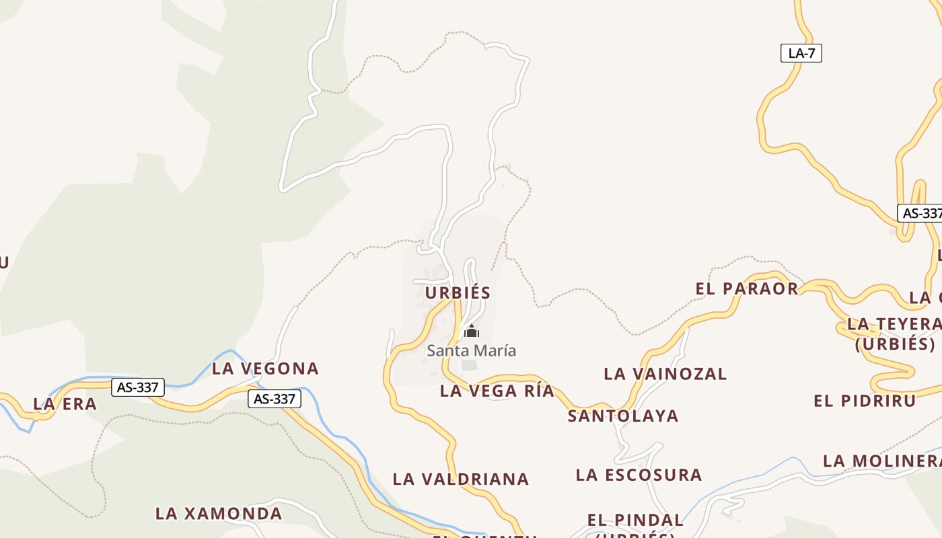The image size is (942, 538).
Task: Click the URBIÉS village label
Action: (458, 293)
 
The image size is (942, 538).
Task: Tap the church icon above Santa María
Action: (472, 331)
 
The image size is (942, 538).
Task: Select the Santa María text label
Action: (472, 350)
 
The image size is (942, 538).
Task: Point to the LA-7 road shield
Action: (801, 53)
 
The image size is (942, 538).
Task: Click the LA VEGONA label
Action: (265, 369)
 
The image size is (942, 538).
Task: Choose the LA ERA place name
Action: (65, 404)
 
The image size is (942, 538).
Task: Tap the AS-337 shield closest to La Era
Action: (137, 387)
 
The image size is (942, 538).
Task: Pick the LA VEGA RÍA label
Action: (497, 391)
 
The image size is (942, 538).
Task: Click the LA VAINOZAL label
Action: (665, 374)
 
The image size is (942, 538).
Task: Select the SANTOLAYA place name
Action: (623, 416)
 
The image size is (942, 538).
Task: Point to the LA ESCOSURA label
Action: (639, 475)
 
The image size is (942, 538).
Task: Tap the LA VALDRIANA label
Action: (461, 479)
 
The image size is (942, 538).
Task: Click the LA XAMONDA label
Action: (219, 514)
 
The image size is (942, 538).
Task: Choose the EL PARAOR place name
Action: (747, 289)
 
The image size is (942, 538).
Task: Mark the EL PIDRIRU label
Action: (865, 401)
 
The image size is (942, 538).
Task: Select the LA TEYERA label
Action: (894, 324)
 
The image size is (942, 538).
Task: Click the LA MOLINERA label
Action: (882, 461)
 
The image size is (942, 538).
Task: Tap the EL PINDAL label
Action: (635, 520)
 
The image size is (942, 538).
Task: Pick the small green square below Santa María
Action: (469, 366)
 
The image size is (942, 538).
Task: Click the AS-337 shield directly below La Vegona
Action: (274, 399)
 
